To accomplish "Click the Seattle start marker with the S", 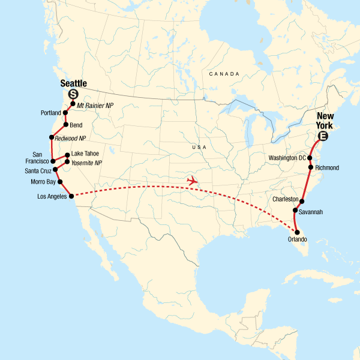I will pyautogui.click(x=73, y=94).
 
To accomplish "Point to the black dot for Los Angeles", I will pyautogui.click(x=71, y=196).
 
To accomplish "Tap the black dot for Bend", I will pyautogui.click(x=65, y=124).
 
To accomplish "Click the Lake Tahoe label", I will pyautogui.click(x=85, y=154).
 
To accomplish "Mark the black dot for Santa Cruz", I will pyautogui.click(x=55, y=169).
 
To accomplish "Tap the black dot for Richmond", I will pyautogui.click(x=310, y=167).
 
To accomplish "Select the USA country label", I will pyautogui.click(x=197, y=147).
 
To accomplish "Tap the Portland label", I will pyautogui.click(x=52, y=113).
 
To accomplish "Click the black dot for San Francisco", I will pyautogui.click(x=53, y=161).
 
